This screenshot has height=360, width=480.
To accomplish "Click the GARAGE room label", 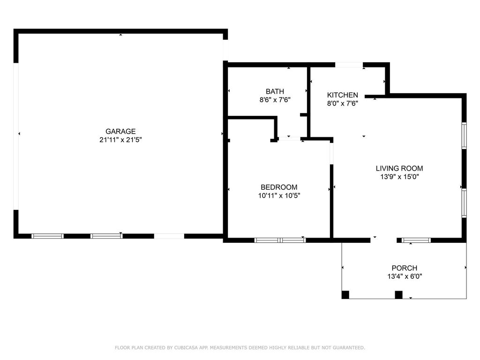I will [x=120, y=132].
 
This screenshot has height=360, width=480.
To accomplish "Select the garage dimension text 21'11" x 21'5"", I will [x=120, y=140].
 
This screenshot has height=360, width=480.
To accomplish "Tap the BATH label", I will [x=275, y=91].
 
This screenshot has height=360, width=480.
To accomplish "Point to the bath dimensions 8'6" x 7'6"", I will [x=275, y=99].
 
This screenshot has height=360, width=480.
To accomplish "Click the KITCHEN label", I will [x=343, y=95].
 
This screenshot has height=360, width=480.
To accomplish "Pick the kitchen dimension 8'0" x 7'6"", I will [x=343, y=103].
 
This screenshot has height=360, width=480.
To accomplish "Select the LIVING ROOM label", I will [x=399, y=168].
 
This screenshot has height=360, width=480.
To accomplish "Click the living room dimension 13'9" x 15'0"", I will [x=399, y=177].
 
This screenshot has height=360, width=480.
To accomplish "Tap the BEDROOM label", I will [x=279, y=187].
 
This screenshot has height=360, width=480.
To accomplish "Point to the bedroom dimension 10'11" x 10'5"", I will [x=279, y=195].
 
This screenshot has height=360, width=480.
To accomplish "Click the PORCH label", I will [x=405, y=268].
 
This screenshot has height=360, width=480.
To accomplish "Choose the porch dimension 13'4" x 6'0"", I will [x=405, y=276].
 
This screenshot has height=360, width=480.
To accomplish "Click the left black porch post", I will [x=345, y=295].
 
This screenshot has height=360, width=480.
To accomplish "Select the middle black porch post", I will [x=399, y=295].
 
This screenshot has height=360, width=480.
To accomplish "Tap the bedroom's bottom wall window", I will [x=280, y=240].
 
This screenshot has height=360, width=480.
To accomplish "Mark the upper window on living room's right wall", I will [x=464, y=136].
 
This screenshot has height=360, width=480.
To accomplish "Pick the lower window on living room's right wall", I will [x=464, y=203].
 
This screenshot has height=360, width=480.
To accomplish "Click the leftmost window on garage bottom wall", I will [x=47, y=236].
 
